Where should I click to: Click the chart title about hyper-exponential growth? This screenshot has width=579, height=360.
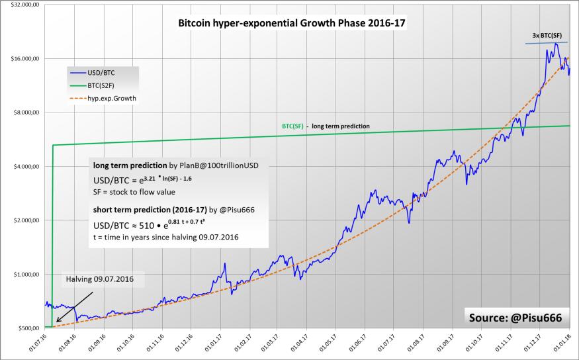pyautogui.click(x=292, y=23)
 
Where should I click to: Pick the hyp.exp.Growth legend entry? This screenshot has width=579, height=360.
pyautogui.click(x=106, y=98)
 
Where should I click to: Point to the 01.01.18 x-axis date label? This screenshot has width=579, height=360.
pyautogui.click(x=566, y=345)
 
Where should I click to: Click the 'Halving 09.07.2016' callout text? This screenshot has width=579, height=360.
pyautogui.click(x=99, y=279)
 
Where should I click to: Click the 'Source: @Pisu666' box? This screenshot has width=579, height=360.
pyautogui.click(x=515, y=318)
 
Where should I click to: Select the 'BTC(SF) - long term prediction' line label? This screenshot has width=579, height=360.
pyautogui.click(x=322, y=126)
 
